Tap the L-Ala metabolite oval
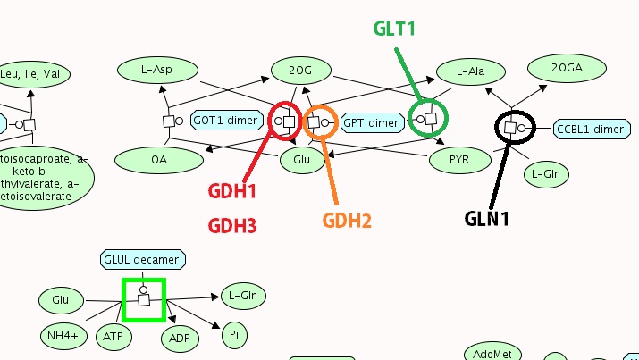(x=470, y=71)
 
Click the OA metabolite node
(x=158, y=160)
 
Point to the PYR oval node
(x=460, y=160)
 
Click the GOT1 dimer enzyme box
(x=227, y=121)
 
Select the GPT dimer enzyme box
(x=370, y=122)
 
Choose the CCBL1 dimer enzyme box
(x=590, y=130)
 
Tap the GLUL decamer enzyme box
(x=143, y=260)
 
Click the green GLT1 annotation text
(x=394, y=29)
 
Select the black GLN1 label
(x=486, y=218)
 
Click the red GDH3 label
(x=232, y=227)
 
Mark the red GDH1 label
(x=232, y=191)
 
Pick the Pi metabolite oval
(x=233, y=336)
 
